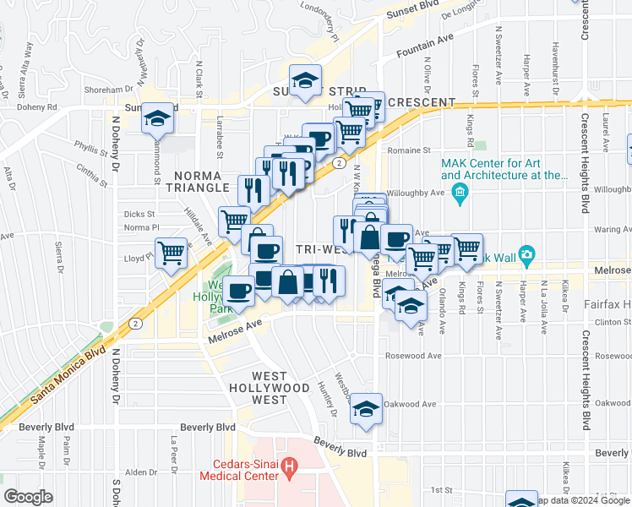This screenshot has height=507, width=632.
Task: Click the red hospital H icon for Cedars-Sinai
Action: [x=291, y=466]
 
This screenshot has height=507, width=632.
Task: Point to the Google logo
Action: [x=28, y=497]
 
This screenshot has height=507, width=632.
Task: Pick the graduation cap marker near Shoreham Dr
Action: [x=305, y=80]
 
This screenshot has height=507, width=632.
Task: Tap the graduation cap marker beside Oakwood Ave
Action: [x=366, y=408]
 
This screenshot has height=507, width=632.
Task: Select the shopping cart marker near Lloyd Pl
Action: [x=172, y=251]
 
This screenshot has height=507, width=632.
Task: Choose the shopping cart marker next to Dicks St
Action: [x=234, y=221]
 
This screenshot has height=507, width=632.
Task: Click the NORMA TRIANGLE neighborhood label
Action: [x=200, y=181]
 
